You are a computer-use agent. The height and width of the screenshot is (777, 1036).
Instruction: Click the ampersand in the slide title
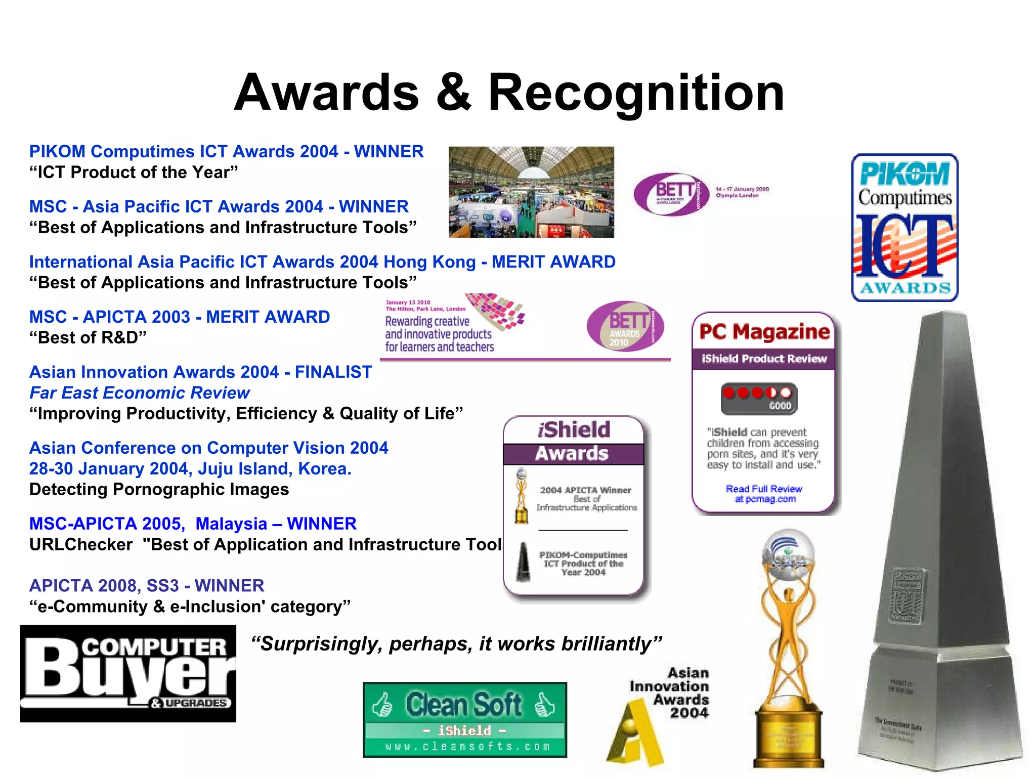[454, 93]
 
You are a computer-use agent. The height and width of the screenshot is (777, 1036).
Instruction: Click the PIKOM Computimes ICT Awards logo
[904, 228]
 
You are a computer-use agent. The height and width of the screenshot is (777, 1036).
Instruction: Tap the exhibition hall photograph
[531, 192]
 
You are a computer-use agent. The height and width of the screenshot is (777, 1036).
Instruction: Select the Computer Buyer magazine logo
[128, 673]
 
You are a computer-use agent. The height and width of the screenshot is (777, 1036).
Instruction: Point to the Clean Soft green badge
[465, 719]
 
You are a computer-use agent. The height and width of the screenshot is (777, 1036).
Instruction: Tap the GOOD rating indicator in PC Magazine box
[759, 398]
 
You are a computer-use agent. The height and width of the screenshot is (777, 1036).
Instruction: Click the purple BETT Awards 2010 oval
[625, 326]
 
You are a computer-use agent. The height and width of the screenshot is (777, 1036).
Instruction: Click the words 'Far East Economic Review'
[140, 393]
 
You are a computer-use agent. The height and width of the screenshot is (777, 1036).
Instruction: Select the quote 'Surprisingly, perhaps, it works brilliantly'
[456, 644]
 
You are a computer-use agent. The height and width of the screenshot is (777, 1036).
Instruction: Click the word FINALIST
[333, 372]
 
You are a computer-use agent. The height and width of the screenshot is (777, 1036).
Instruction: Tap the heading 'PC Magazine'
[764, 332]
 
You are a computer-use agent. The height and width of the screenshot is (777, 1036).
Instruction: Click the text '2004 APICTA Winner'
[585, 490]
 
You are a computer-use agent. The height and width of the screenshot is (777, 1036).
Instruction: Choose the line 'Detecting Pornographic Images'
[159, 490]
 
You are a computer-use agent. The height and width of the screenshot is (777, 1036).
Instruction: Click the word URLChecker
[81, 545]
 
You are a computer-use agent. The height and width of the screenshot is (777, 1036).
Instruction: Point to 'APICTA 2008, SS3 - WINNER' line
[147, 586]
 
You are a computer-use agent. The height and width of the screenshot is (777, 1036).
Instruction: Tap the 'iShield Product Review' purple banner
[764, 359]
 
